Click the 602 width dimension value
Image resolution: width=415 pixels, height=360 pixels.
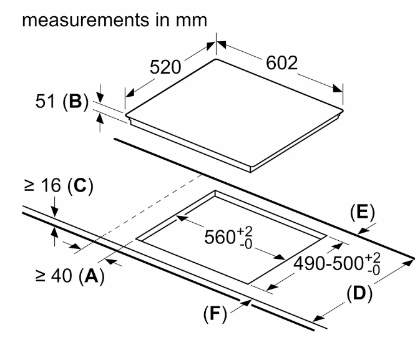(x=282, y=64)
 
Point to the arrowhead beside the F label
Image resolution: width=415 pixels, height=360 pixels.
(x=248, y=303)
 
